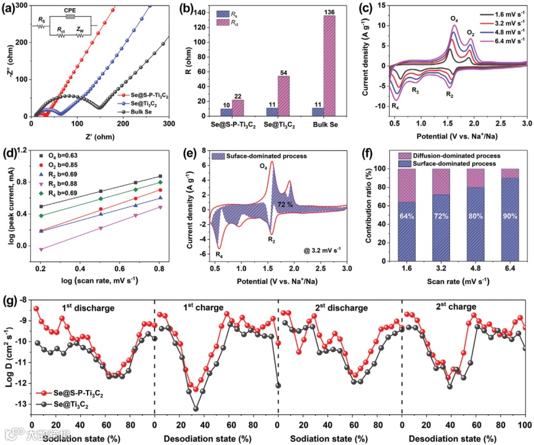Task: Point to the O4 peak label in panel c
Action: pyautogui.click(x=455, y=19)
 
